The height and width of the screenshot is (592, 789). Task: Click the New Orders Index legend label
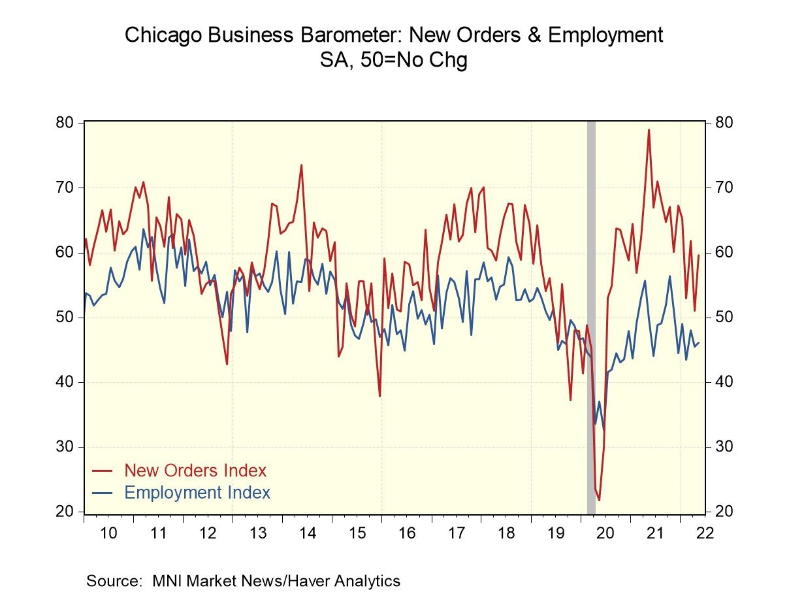click(x=195, y=470)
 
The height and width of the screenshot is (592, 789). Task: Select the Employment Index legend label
click(x=197, y=493)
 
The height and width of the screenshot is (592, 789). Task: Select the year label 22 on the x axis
click(x=704, y=532)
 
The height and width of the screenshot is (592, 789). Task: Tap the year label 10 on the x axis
click(x=108, y=532)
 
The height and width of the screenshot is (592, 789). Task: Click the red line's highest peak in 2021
click(x=649, y=129)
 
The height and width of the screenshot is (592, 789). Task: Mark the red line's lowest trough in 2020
click(x=599, y=500)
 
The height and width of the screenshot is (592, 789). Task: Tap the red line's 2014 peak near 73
click(x=301, y=165)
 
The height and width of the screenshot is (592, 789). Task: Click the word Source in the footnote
click(x=116, y=580)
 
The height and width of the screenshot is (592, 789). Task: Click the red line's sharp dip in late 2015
click(x=379, y=396)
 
